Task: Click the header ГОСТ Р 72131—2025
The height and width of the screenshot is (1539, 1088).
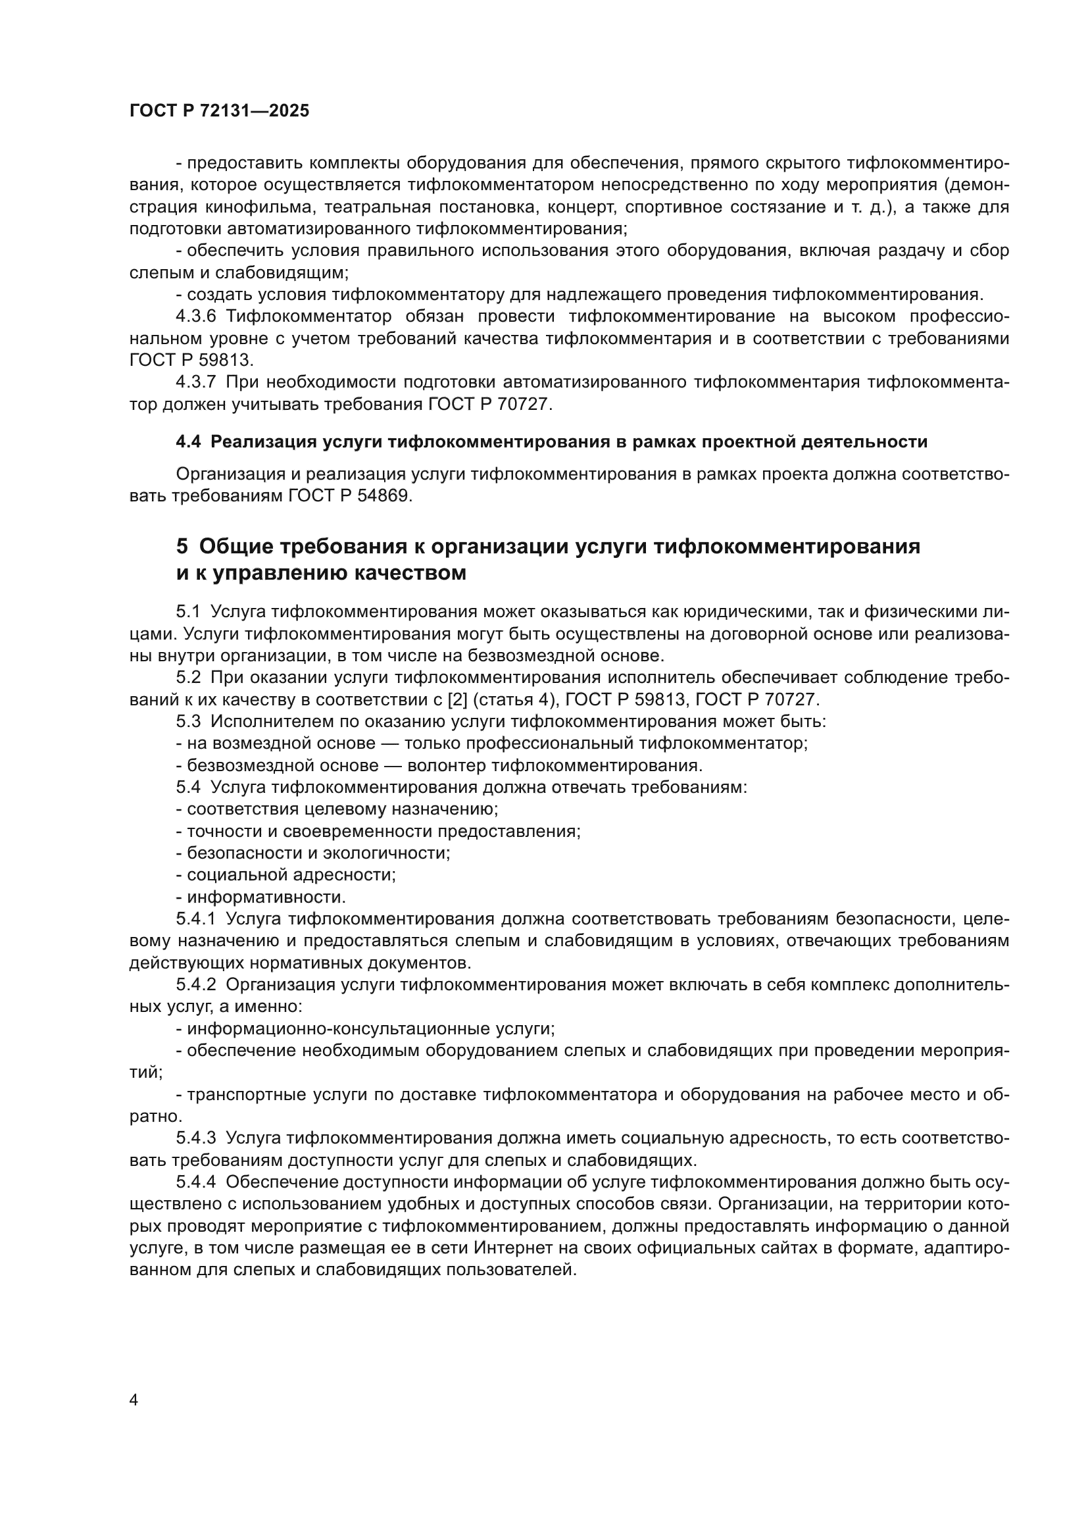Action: coord(219,111)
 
